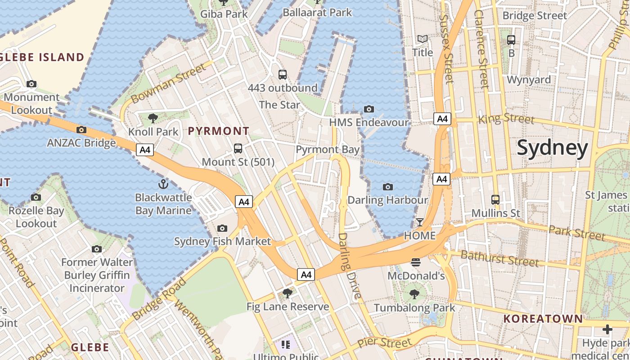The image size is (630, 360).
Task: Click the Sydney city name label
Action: point(552,148)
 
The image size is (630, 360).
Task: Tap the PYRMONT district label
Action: point(218,131)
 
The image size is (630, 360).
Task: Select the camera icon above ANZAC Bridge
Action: point(81,130)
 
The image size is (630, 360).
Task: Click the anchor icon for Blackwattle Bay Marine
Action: point(163,184)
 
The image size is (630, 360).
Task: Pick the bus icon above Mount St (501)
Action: point(238,148)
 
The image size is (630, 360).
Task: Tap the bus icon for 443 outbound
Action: point(283,75)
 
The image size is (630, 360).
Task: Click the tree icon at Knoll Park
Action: point(153,118)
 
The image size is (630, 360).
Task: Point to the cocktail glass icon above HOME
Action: point(419,222)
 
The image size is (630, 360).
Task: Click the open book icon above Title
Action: point(423,39)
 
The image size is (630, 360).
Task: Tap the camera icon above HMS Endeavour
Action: point(369,109)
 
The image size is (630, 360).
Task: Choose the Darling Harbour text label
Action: point(387,200)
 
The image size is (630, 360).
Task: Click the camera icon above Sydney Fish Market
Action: point(222,228)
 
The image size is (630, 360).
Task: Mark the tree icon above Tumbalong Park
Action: point(414,294)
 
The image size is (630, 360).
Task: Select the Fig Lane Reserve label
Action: point(288,307)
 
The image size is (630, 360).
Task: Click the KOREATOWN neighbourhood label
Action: point(543,319)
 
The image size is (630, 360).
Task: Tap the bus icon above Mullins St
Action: point(495,199)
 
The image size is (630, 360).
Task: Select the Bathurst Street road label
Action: point(499,258)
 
